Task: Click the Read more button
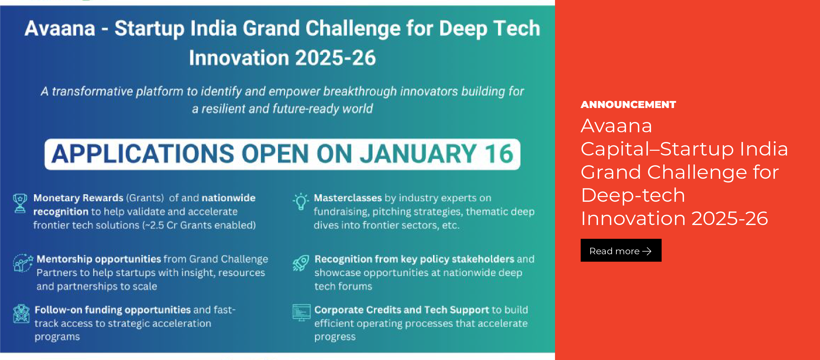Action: pyautogui.click(x=621, y=250)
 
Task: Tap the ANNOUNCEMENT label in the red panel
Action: pyautogui.click(x=628, y=104)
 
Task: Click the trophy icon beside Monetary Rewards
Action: pyautogui.click(x=20, y=203)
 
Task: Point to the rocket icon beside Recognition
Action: pyautogui.click(x=301, y=263)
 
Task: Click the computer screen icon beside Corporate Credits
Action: pyautogui.click(x=301, y=312)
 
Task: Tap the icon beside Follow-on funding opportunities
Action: pyautogui.click(x=21, y=313)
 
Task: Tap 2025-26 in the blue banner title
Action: pyautogui.click(x=335, y=58)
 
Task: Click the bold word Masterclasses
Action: pyautogui.click(x=348, y=198)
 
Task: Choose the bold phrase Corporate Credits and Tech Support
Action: pyautogui.click(x=402, y=310)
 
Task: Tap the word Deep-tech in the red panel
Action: pyautogui.click(x=633, y=195)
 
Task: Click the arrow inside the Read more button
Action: pyautogui.click(x=647, y=251)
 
